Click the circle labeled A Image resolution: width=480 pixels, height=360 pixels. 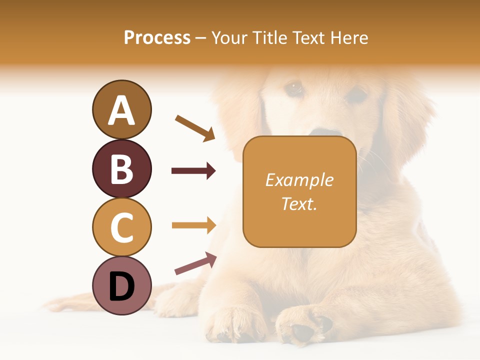[121, 109]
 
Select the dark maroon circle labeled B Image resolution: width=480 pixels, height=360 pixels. [121, 168]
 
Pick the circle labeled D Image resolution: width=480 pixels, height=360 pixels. [121, 285]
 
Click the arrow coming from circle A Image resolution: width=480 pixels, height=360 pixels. [195, 127]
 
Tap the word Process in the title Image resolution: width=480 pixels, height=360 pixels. [157, 38]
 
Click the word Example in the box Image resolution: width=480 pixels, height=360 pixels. [299, 180]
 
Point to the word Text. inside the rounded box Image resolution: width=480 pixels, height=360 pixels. [299, 203]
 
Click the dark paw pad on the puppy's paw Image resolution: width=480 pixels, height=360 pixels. [303, 331]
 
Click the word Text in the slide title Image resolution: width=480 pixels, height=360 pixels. [310, 38]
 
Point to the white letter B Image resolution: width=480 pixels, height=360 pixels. [121, 168]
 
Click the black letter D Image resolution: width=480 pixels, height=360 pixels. [121, 286]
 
